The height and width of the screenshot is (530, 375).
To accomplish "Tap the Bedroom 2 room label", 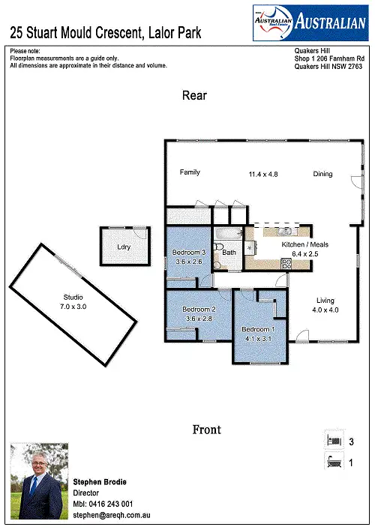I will [199, 310].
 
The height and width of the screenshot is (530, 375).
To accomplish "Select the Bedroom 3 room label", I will [188, 253].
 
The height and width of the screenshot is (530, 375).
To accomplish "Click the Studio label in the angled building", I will [73, 298].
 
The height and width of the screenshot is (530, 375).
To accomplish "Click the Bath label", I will [229, 253].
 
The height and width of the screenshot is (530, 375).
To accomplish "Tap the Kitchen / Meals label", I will [304, 245].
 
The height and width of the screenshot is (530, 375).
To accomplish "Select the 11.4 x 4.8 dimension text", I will [264, 174].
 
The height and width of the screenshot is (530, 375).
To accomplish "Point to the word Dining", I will [322, 174].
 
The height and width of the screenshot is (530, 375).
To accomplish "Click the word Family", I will [190, 172].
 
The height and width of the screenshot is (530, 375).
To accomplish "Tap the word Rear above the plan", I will [194, 96].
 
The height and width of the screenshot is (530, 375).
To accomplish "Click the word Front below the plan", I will [206, 430].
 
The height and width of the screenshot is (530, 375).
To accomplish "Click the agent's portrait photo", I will [39, 482].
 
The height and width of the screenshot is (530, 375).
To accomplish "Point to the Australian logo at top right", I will [308, 22].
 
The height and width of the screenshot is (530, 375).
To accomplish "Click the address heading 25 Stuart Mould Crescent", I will [106, 33].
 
